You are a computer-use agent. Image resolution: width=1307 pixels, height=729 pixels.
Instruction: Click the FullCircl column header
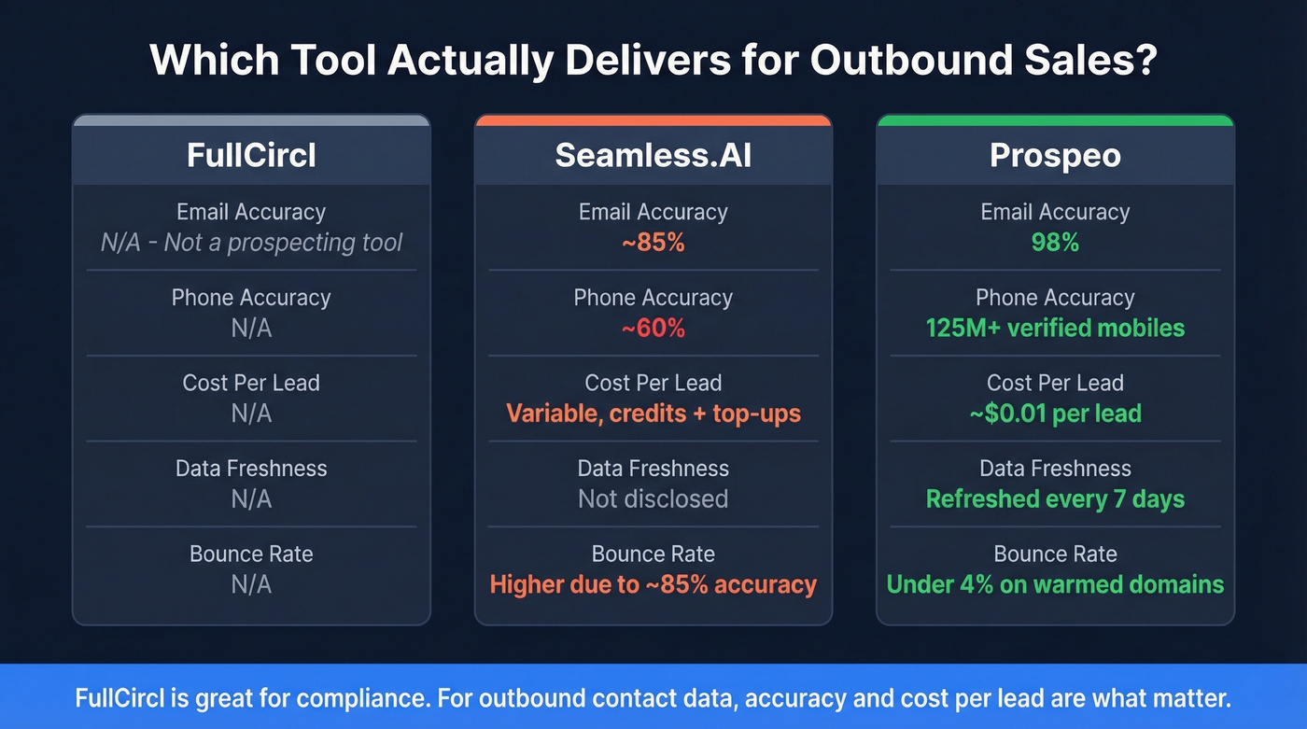(251, 155)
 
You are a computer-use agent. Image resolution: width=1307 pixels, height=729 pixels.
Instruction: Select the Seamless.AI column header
(653, 155)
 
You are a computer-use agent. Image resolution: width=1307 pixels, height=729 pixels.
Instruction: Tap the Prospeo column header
(1055, 155)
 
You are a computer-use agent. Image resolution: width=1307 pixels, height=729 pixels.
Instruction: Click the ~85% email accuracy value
(653, 243)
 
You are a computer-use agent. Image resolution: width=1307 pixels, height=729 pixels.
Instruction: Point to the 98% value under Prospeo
(1055, 243)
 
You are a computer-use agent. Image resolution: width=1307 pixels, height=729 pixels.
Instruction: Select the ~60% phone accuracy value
(653, 329)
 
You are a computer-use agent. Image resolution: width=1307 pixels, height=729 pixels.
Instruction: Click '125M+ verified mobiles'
(1055, 329)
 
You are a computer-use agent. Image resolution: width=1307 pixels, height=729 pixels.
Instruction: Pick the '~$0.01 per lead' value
(1055, 414)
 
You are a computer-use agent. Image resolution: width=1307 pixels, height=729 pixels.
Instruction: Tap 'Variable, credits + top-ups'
(653, 414)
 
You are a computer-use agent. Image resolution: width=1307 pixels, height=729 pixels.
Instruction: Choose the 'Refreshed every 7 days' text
(1055, 499)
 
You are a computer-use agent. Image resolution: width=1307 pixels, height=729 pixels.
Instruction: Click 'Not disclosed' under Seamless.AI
(653, 499)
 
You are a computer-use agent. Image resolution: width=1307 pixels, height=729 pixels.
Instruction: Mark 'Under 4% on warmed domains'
(1055, 585)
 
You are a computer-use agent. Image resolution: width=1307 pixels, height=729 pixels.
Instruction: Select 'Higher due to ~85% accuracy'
(653, 585)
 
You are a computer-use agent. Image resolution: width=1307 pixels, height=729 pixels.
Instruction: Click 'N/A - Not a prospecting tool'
(251, 243)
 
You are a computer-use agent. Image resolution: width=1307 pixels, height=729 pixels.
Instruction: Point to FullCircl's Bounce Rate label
(251, 554)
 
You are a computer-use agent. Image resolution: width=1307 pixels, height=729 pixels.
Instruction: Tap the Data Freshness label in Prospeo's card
(1055, 469)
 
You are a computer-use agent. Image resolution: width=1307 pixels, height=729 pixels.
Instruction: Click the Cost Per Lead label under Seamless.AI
(653, 383)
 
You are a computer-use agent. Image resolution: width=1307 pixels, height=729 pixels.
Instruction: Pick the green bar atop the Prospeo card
(1055, 120)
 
